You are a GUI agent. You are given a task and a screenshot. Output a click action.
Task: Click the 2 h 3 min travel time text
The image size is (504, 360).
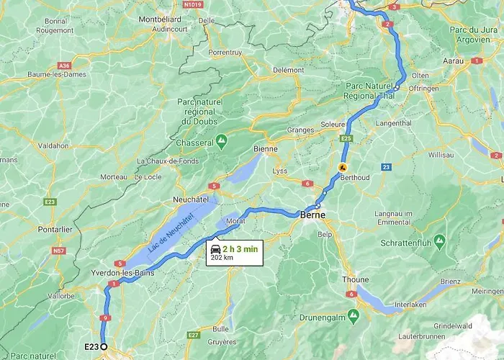pos(240,248)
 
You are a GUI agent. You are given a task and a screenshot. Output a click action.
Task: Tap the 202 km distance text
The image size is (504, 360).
pos(222,257)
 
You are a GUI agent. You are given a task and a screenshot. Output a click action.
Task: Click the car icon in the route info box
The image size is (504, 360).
pos(215,248)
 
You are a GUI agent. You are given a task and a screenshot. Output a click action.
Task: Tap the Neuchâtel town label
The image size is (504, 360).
pos(191,198)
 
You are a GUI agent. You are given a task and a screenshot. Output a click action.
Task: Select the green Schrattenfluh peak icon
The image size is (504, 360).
pos(440,238)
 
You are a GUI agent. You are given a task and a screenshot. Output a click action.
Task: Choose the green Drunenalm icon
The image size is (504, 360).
pos(353,315)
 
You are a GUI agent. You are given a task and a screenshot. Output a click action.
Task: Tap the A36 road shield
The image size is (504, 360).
pos(66,65)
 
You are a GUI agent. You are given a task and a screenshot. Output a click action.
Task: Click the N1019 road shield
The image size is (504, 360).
pos(192,4)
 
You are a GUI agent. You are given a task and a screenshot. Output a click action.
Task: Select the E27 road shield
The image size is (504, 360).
pos(192,335)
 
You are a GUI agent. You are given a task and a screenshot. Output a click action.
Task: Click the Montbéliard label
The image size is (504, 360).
pos(160,19)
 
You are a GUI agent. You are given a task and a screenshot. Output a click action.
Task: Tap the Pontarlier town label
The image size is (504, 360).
pos(55,229)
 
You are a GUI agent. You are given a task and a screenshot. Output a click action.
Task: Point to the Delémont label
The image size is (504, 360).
pos(288,70)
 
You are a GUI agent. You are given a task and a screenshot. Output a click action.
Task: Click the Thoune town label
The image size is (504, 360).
pos(355,280)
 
